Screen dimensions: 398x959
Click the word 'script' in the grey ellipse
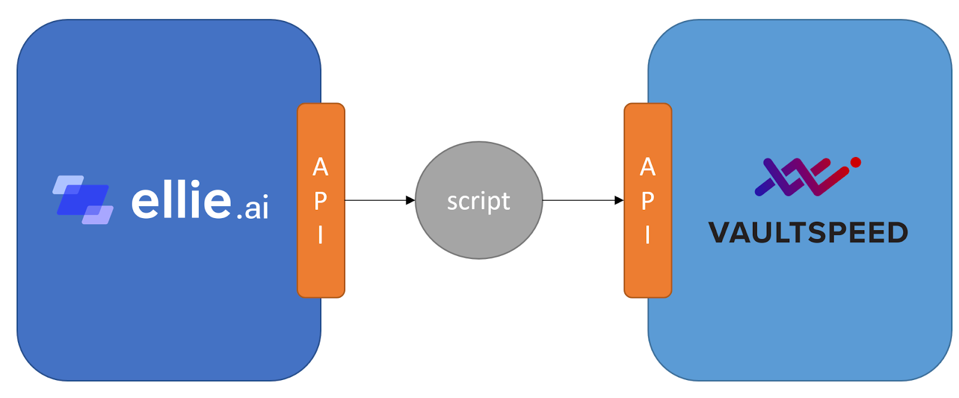tap(478, 201)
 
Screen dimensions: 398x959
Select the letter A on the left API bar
tap(321, 167)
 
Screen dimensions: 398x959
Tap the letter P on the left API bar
tap(321, 201)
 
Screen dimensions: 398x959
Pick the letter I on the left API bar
tap(321, 235)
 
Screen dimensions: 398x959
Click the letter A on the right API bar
tap(647, 167)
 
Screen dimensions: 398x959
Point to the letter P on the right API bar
tap(647, 201)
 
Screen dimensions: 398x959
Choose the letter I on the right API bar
tap(647, 235)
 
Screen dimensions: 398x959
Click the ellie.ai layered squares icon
tap(83, 200)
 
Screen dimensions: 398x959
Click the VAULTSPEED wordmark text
tap(808, 233)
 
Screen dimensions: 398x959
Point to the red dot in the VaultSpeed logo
tap(856, 162)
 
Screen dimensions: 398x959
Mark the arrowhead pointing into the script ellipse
tap(411, 200)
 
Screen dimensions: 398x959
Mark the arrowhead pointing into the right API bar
tap(619, 200)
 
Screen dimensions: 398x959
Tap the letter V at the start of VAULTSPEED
tap(719, 233)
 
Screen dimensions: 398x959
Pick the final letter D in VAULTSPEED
tap(897, 233)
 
